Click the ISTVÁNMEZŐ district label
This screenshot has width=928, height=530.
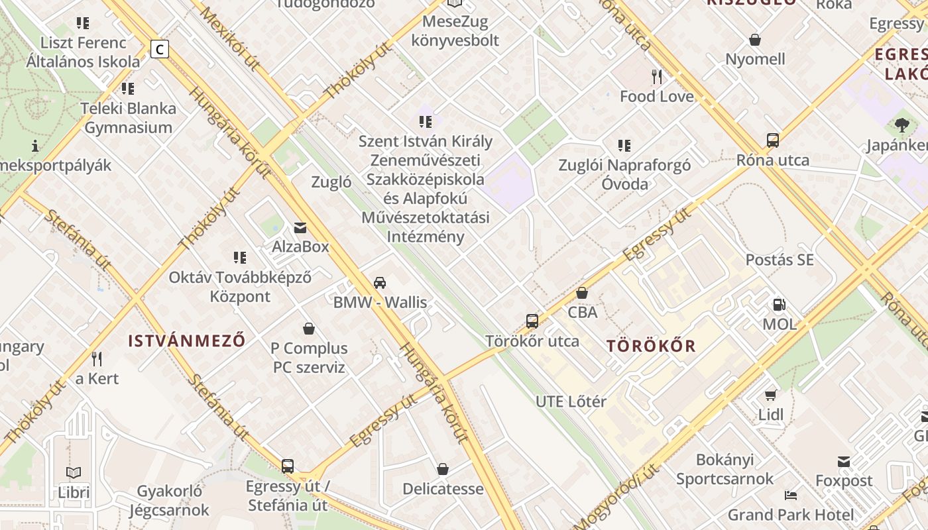[x=187, y=341]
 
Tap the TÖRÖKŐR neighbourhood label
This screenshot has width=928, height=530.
[x=651, y=346]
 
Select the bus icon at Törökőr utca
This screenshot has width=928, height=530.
[x=532, y=321]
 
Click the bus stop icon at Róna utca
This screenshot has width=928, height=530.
[x=773, y=140]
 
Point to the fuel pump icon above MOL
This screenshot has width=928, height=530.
[x=780, y=305]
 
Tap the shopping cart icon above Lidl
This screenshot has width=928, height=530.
[x=771, y=395]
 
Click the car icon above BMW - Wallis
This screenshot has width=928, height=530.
[x=380, y=283]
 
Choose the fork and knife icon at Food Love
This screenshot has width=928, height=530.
[x=657, y=77]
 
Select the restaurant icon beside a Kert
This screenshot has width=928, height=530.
[x=97, y=359]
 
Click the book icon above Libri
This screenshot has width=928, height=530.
[x=74, y=473]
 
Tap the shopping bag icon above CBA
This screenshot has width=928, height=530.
[x=582, y=292]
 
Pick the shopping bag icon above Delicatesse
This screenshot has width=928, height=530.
[x=443, y=469]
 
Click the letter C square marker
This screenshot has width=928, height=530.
[x=159, y=49]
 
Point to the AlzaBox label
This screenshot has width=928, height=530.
[x=300, y=247]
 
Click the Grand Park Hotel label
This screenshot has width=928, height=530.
[x=791, y=515]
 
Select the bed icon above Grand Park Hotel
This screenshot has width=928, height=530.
[x=791, y=496]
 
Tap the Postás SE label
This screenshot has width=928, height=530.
[x=780, y=260]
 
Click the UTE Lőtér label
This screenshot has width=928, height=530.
[x=571, y=401]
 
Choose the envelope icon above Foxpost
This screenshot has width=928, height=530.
[x=844, y=461]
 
